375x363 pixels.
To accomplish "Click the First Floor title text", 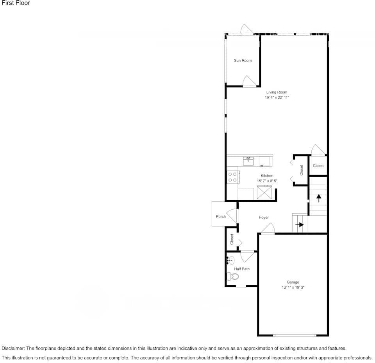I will coord(16,3).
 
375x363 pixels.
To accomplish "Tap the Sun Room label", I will coord(243,61).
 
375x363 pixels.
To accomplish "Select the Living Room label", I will coord(277,92).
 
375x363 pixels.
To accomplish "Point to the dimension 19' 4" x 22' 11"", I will coord(277,98).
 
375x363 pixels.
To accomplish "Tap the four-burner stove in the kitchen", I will coord(233,177).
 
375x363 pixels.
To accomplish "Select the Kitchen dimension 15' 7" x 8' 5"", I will coord(267,181).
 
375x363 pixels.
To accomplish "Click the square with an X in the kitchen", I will coord(264,193).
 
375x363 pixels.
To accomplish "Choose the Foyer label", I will coord(264,217).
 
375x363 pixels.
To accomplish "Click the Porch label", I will coord(221,217).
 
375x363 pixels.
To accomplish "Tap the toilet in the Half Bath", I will coord(233,277).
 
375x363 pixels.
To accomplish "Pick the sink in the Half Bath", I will coord(230,260).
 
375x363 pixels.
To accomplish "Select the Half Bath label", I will coord(242,269).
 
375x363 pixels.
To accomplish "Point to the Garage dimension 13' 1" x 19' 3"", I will coord(293,288).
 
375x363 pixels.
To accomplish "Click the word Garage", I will coord(293,282).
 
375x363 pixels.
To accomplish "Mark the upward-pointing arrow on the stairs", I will coord(318,198).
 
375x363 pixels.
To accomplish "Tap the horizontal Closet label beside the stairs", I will coord(318,166).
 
